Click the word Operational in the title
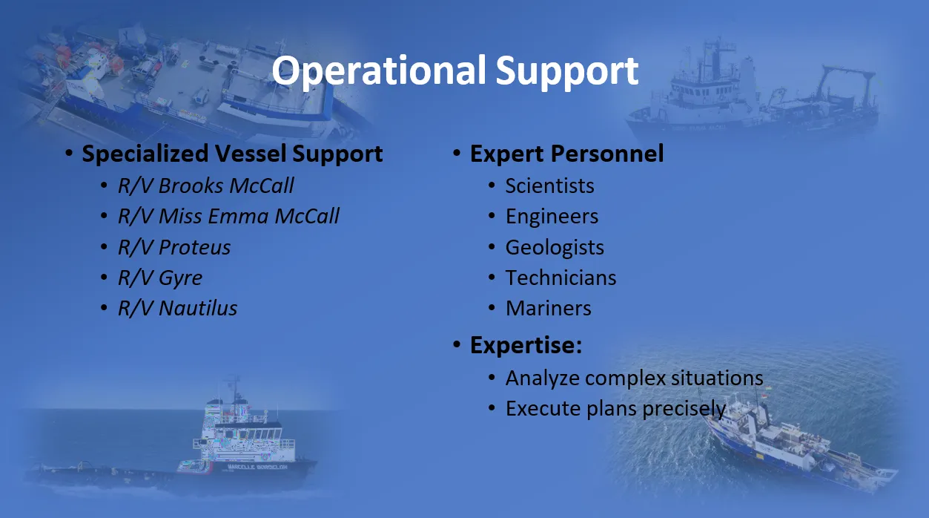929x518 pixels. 379,71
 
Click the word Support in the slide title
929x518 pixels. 567,71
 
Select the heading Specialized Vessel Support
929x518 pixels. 232,154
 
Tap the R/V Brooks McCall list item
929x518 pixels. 205,186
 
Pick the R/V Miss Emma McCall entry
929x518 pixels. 228,216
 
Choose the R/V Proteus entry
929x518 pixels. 174,247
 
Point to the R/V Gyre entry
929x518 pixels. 160,278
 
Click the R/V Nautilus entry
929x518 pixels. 177,309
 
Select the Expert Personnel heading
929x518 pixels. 566,154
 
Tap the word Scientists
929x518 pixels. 549,186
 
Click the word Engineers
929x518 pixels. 552,216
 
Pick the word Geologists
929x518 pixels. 555,248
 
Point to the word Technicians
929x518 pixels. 561,278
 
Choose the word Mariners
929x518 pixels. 548,309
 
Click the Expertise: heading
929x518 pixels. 526,345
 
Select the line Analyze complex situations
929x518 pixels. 634,378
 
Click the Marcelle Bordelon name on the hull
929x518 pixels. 257,467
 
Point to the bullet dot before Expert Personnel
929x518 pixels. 457,153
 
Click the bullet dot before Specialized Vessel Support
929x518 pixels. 69,153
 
